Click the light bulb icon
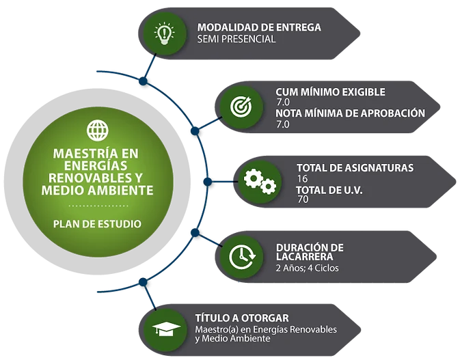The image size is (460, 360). tap(164, 33)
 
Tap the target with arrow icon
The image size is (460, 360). tap(241, 106)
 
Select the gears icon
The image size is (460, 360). tap(260, 182)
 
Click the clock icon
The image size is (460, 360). tap(242, 257)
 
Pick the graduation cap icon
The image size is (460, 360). tap(166, 329)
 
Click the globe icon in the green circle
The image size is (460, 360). tap(98, 130)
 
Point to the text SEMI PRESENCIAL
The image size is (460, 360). tap(236, 39)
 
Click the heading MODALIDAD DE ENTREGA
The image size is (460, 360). tap(259, 27)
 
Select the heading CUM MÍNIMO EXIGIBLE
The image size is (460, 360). tap(330, 92)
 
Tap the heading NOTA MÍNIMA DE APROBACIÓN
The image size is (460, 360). tap(350, 113)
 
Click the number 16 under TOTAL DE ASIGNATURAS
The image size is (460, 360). tap(302, 178)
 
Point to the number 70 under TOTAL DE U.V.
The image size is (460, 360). tap(303, 199)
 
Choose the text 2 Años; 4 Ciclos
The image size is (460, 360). tap(307, 268)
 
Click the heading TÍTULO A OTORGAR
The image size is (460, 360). tap(242, 318)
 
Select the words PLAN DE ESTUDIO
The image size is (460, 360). tap(97, 224)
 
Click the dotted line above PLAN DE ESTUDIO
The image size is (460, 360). tap(98, 206)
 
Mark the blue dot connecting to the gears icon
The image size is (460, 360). tap(207, 182)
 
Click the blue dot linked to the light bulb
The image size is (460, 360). tap(143, 81)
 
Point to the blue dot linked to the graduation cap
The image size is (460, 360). tap(143, 282)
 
